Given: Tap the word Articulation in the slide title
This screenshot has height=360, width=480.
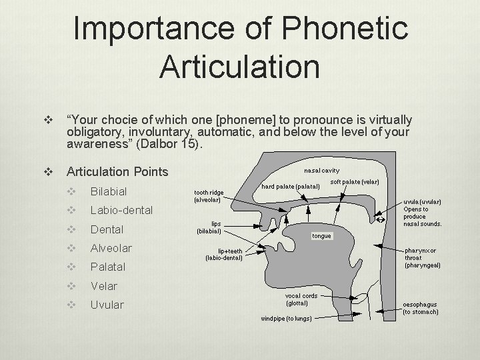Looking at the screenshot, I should click(240, 67).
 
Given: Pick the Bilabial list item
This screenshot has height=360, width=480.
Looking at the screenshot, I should click(108, 191).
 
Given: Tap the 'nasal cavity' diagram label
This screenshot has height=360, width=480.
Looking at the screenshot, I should click(322, 170).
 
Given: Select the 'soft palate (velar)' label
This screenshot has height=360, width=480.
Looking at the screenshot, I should click(355, 182).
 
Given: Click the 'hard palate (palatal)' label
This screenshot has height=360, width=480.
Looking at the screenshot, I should click(291, 186).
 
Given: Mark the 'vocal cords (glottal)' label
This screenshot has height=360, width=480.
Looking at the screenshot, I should click(301, 299).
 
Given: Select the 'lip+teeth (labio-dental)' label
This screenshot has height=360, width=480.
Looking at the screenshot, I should click(223, 254).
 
